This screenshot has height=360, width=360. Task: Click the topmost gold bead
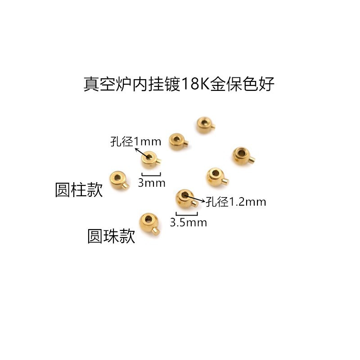click(205, 125)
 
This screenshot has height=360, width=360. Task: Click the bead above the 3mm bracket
click(150, 158)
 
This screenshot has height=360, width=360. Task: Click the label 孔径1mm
click(135, 142)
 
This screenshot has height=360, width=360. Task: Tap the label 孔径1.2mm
click(236, 202)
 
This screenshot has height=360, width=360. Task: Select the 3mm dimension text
click(151, 183)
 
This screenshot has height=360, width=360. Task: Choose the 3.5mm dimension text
click(188, 222)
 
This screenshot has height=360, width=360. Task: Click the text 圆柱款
click(79, 190)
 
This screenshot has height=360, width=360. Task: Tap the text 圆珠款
click(111, 236)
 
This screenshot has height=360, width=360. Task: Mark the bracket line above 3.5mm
click(187, 214)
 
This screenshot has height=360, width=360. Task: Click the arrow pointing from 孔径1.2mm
click(196, 198)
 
